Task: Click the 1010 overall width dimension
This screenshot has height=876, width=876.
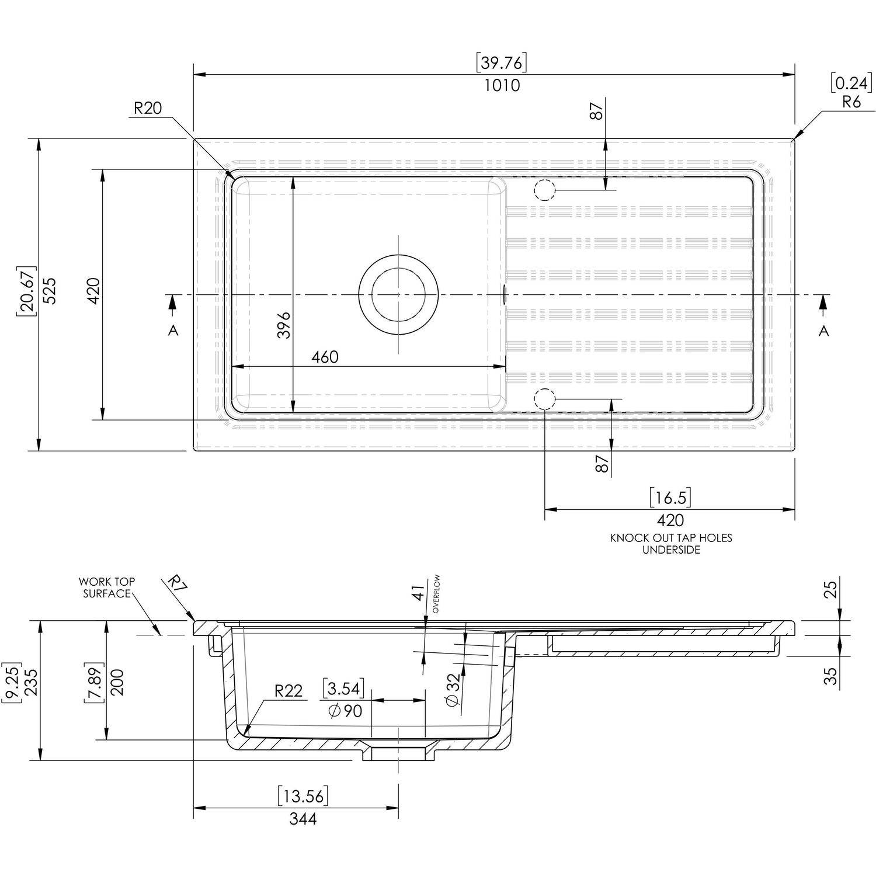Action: click(x=502, y=85)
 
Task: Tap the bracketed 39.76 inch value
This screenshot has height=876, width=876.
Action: click(x=502, y=62)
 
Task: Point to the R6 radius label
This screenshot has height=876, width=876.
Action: click(x=851, y=102)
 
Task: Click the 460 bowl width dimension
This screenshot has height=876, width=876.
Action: click(x=325, y=356)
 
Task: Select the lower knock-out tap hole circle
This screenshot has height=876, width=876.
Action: click(x=543, y=398)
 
